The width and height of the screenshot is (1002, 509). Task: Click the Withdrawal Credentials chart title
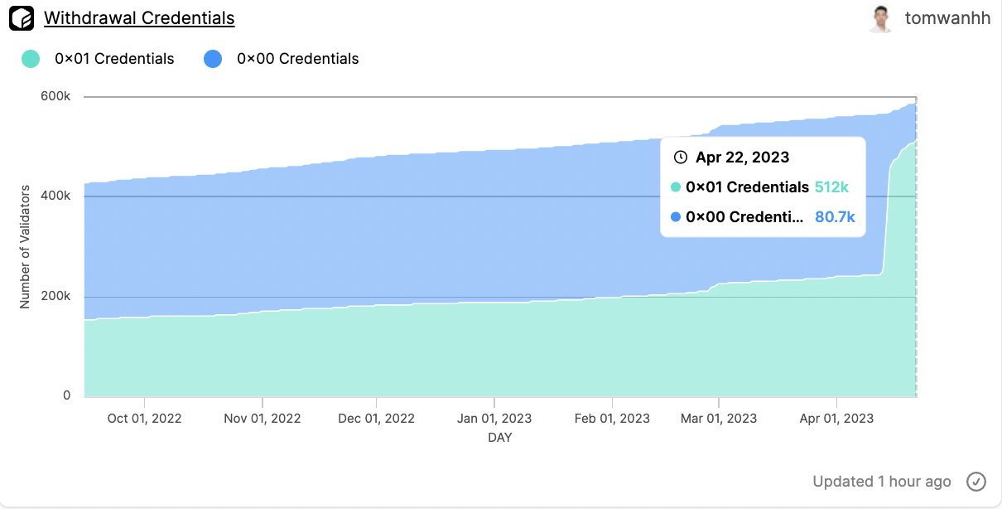(x=138, y=17)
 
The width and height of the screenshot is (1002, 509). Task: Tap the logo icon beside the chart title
(x=21, y=17)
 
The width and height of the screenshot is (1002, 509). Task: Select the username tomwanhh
(x=947, y=18)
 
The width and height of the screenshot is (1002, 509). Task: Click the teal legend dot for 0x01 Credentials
(x=30, y=59)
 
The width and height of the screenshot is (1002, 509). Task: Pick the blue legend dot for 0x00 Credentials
(x=213, y=59)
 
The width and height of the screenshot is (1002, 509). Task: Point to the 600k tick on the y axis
(x=57, y=96)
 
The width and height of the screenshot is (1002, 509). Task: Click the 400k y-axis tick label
(x=57, y=196)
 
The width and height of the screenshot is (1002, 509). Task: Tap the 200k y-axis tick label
(x=57, y=296)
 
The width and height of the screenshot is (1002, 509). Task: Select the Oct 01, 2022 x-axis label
(x=145, y=418)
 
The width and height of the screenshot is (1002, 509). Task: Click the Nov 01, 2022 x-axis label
(x=262, y=418)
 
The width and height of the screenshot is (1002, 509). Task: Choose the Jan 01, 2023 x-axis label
(x=494, y=418)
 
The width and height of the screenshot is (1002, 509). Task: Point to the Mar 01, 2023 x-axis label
(x=718, y=418)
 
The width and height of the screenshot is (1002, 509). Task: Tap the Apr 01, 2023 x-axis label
(x=836, y=418)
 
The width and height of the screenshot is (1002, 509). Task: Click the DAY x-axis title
(x=499, y=437)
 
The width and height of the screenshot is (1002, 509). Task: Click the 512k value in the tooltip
(x=831, y=187)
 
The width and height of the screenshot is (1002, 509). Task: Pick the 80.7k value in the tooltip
(x=835, y=217)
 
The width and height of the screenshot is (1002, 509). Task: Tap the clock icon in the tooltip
(x=681, y=158)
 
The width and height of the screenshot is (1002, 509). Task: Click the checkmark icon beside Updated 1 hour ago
(x=976, y=481)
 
